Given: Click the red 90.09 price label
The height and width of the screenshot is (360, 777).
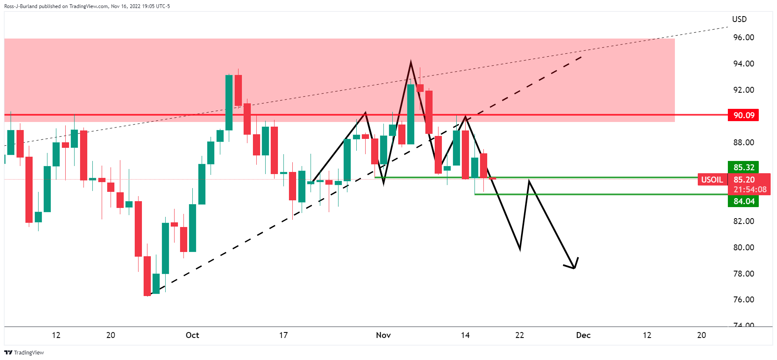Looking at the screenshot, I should pos(743,115).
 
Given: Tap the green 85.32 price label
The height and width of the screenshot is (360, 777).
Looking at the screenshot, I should pos(743,167).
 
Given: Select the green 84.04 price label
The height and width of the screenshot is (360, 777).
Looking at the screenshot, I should pos(743,201).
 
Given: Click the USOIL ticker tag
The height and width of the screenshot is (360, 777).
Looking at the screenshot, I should pos(712,180).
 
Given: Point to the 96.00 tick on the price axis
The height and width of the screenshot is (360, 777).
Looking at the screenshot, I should pos(744,37).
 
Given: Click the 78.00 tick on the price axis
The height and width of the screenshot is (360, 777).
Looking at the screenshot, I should pos(744,274).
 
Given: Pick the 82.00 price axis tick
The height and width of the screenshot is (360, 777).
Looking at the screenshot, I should pos(744,221).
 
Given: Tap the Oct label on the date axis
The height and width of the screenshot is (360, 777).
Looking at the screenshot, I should pos(192,335).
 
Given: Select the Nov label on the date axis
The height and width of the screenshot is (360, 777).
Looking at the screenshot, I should pos(383,335).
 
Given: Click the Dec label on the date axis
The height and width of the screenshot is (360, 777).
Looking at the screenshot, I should pos(583,335).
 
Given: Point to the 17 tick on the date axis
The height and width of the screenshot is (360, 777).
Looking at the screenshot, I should pos(283,335).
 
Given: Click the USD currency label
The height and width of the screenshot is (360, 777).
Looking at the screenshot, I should pos(739,19).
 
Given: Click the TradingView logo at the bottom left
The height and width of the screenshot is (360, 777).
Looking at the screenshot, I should pos(25,352).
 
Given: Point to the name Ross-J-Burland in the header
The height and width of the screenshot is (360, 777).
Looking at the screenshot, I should pos(21,6).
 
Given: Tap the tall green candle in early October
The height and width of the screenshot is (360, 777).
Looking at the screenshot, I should pos(229,102).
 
